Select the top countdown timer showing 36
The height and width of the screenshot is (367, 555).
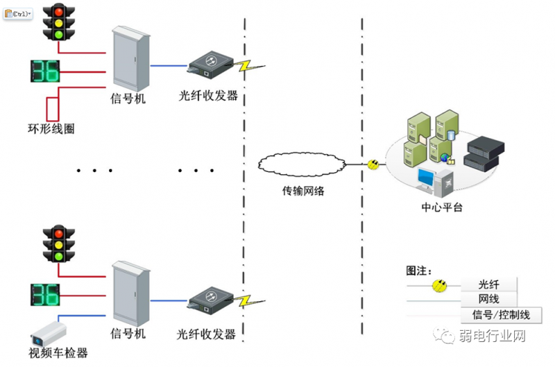46,71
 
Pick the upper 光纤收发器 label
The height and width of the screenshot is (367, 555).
208,96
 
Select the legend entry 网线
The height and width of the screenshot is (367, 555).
489,299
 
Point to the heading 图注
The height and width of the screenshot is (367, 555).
419,270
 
